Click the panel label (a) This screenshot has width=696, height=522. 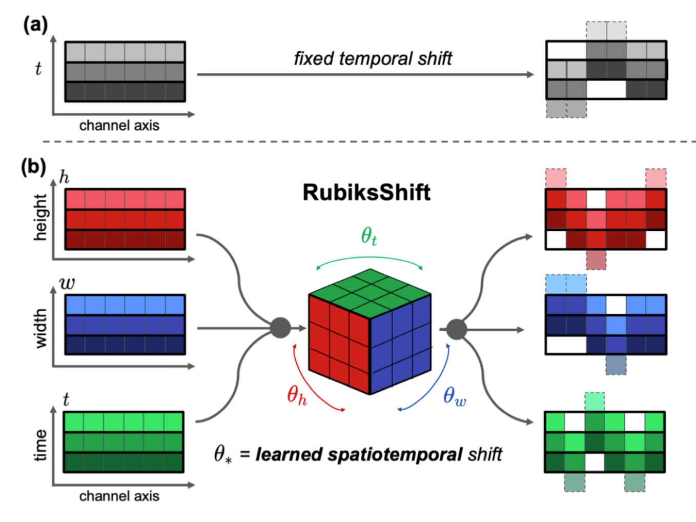click(35, 25)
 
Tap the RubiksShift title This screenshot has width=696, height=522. click(366, 193)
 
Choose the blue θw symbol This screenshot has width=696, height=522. click(455, 396)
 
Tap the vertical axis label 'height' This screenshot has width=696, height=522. click(40, 217)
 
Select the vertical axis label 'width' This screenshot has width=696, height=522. click(40, 328)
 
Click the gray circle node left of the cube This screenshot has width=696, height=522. click(280, 328)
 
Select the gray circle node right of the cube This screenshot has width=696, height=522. click(456, 329)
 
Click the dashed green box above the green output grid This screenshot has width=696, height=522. click(595, 401)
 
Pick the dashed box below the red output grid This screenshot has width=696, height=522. click(597, 259)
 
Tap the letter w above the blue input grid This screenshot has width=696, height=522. click(67, 283)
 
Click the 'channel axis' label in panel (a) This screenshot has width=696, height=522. click(119, 126)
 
